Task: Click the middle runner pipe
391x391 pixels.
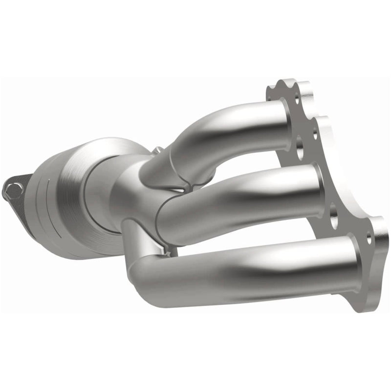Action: (244, 195)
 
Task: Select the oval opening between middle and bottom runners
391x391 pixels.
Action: (334, 219)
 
